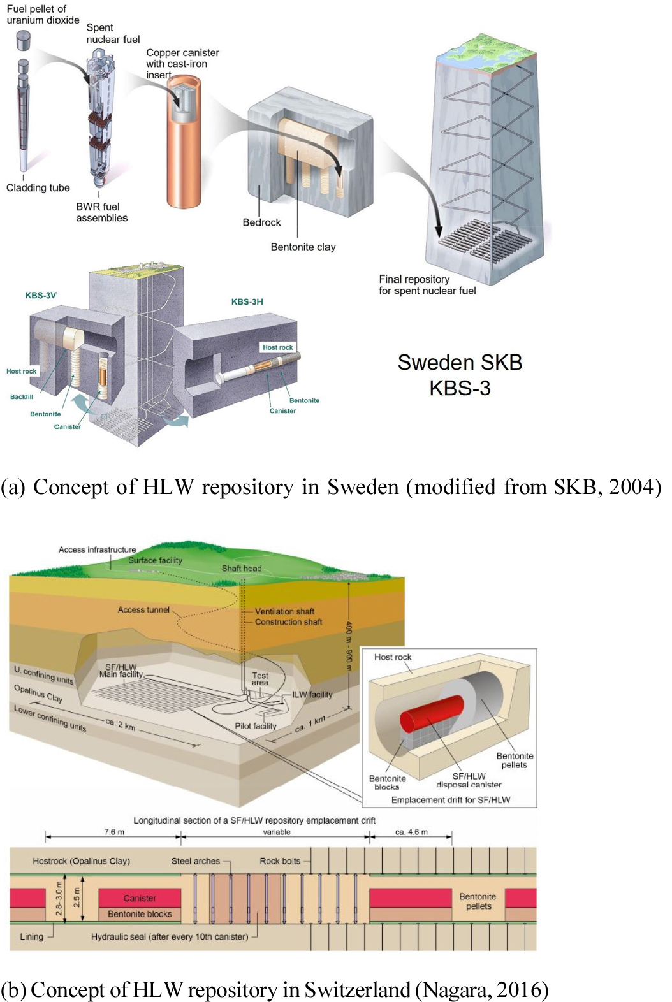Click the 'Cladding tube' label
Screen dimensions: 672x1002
point(38,187)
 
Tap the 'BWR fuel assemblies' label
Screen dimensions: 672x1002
point(101,212)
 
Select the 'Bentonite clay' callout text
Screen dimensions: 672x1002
point(303,247)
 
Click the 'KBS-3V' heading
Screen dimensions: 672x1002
point(41,295)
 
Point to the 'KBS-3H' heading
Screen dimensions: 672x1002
point(247,301)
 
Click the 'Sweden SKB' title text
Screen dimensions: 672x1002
point(460,362)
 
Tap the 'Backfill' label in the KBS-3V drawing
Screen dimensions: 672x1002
point(22,396)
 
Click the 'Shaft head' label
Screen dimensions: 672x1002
point(242,568)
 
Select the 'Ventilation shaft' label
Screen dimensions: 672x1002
point(284,611)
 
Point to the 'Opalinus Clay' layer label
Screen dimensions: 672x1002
point(38,693)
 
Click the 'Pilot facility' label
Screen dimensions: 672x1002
point(256,726)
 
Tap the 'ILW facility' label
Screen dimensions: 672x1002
point(312,694)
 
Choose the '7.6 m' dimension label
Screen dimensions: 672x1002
point(114,832)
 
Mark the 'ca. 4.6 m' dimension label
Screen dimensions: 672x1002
point(411,832)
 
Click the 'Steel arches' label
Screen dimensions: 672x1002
point(196,861)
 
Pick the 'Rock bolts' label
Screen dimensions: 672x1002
point(280,861)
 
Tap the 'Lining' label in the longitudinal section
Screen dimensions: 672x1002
point(31,937)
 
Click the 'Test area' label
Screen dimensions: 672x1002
point(260,679)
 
